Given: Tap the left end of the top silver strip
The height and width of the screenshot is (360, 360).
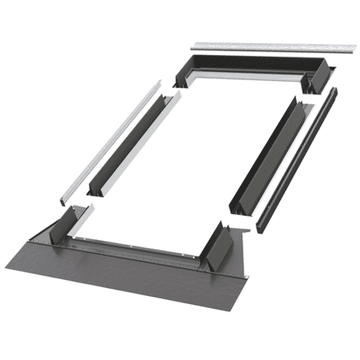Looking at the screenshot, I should (x=195, y=41).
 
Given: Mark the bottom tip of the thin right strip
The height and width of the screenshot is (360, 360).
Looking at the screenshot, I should (x=261, y=230).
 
